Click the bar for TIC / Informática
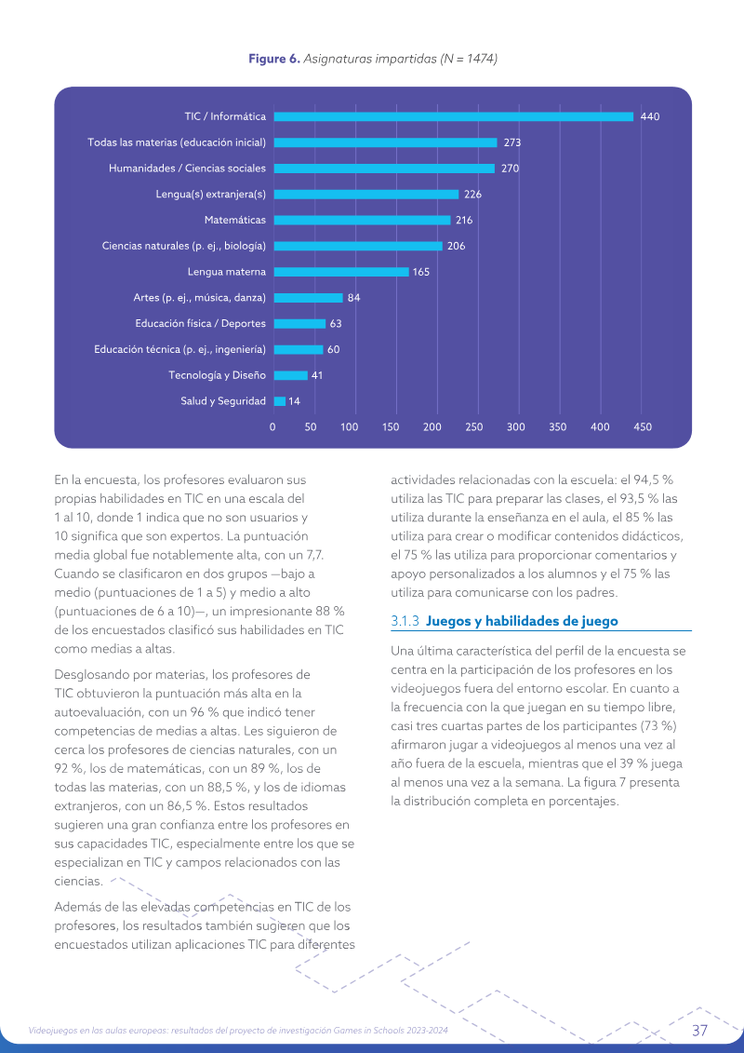point(454,117)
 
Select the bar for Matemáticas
point(363,221)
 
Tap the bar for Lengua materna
point(341,272)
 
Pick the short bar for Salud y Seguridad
point(280,401)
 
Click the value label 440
point(650,117)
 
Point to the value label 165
point(421,272)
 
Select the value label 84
point(353,298)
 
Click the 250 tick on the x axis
point(474,427)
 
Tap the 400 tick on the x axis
point(600,427)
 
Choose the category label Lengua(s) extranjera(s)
point(211,195)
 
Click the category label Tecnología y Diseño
point(217,375)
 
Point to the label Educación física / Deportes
point(201,324)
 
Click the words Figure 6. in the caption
point(274,59)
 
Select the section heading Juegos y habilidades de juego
point(522,621)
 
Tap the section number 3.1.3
point(405,621)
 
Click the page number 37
point(699,1030)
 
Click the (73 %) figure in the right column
point(658,726)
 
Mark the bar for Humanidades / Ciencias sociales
point(384,169)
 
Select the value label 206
point(457,246)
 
